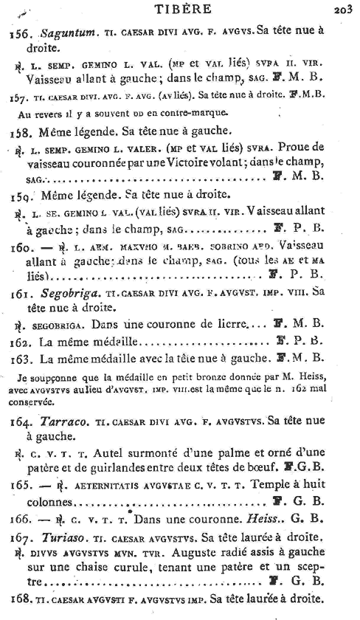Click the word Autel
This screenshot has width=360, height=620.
[113, 454]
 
